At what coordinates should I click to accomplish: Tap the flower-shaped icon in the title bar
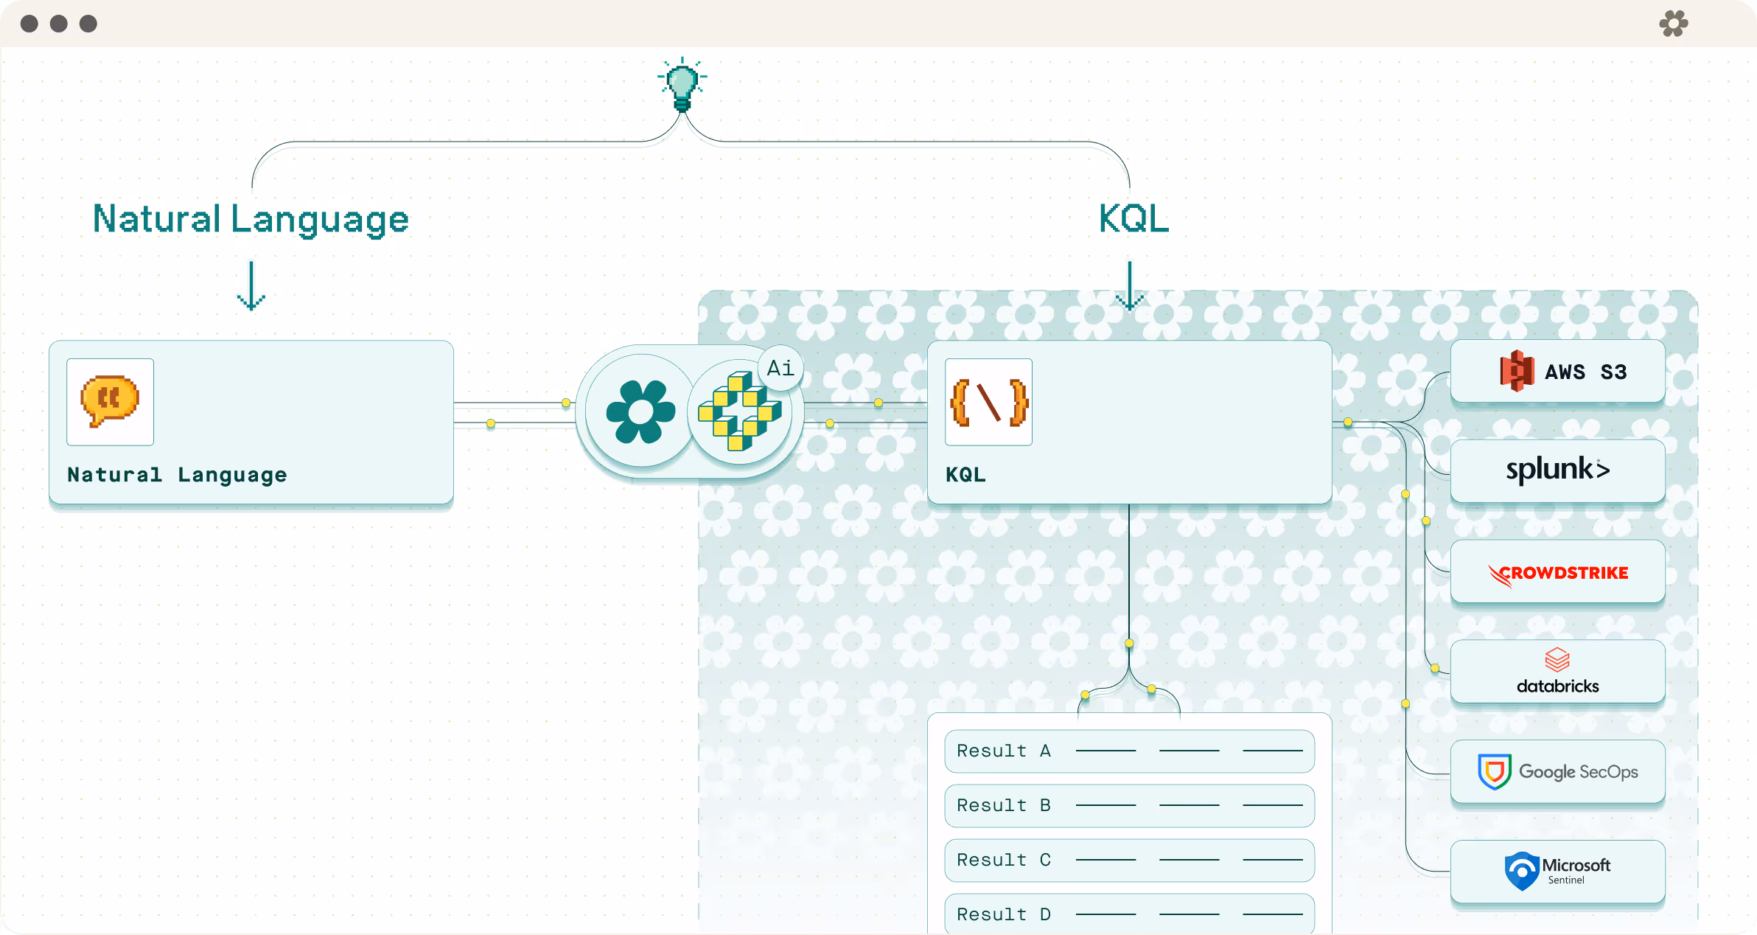[x=1674, y=24]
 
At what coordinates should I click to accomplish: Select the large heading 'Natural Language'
[x=251, y=219]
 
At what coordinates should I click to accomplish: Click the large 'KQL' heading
[x=1134, y=219]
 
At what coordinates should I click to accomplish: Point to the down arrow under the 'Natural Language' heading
[x=251, y=286]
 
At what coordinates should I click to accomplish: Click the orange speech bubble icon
[x=110, y=401]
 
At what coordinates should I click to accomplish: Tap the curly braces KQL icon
[x=988, y=402]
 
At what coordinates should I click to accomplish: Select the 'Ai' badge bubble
[x=780, y=367]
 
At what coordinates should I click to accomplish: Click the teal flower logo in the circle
[x=640, y=411]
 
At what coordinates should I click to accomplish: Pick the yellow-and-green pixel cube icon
[x=739, y=412]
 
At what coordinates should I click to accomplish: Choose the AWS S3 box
[x=1557, y=371]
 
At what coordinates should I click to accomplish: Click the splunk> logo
[x=1557, y=470]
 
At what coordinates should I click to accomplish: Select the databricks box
[x=1557, y=672]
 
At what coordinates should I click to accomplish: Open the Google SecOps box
[x=1557, y=771]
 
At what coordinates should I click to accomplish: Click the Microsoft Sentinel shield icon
[x=1521, y=871]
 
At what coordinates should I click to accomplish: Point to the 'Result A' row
[x=1129, y=751]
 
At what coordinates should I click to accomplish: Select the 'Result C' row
[x=1129, y=860]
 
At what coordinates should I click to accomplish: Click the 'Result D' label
[x=1003, y=914]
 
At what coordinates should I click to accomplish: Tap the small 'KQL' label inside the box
[x=965, y=474]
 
